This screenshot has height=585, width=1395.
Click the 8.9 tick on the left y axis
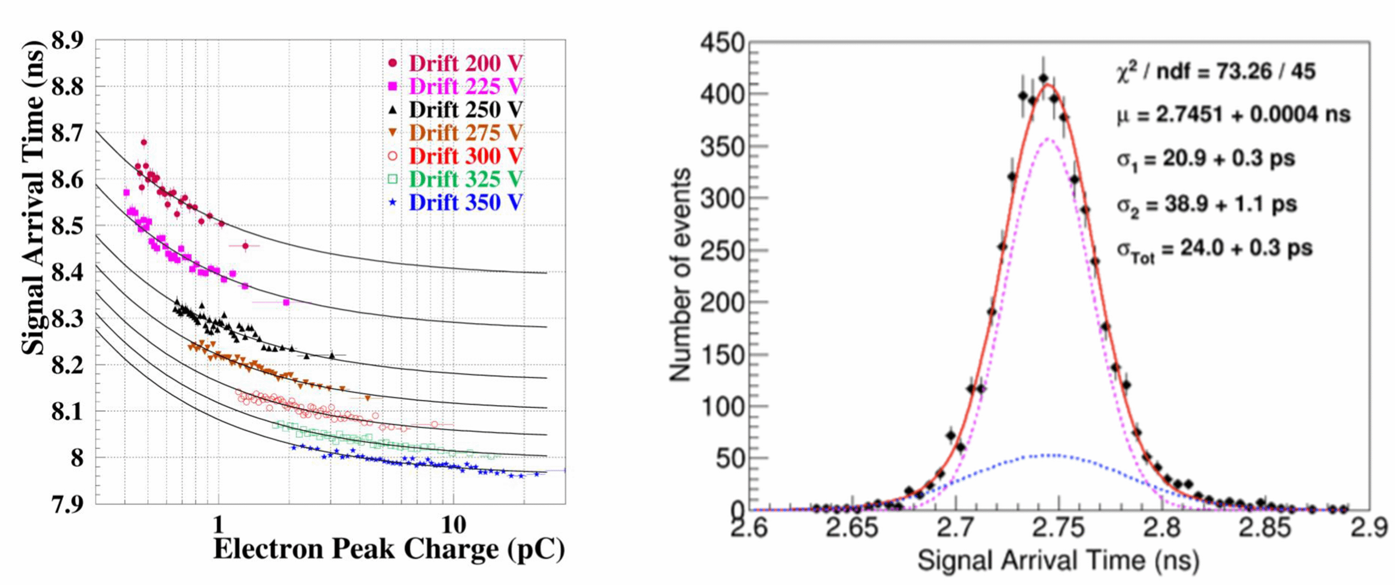pyautogui.click(x=68, y=40)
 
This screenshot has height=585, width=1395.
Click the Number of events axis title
pyautogui.click(x=680, y=275)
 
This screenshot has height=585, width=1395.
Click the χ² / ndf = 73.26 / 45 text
pyautogui.click(x=1215, y=71)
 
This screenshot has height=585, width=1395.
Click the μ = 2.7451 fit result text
pyautogui.click(x=1233, y=115)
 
